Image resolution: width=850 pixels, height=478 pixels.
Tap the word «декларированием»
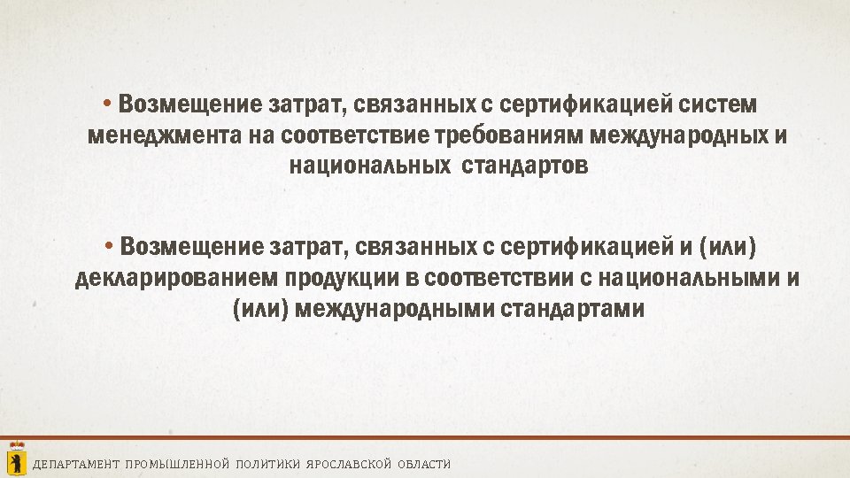(176, 278)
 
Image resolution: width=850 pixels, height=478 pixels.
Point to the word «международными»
(396, 310)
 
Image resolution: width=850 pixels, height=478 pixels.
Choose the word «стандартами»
(573, 310)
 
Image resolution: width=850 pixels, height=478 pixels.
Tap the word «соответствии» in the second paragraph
(498, 278)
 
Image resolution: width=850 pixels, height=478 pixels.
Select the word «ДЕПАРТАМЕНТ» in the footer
(76, 465)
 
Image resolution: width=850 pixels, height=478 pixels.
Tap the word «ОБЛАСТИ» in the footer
(424, 465)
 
